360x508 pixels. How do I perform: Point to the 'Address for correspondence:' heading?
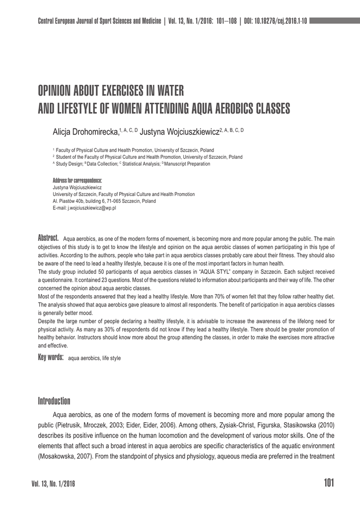coord(77,180)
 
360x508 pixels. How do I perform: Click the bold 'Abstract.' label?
coord(49,238)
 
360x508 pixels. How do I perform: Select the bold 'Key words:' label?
coord(51,357)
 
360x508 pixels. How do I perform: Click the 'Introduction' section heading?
coord(54,401)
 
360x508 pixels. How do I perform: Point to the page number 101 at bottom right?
coord(329,483)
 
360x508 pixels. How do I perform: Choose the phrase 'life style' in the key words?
coord(112,358)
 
